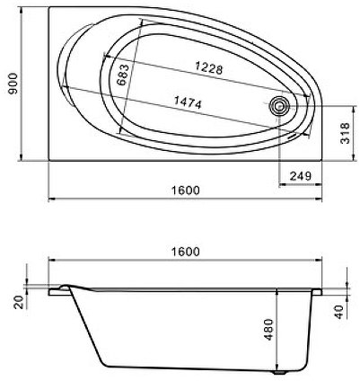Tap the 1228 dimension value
coord(206,67)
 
